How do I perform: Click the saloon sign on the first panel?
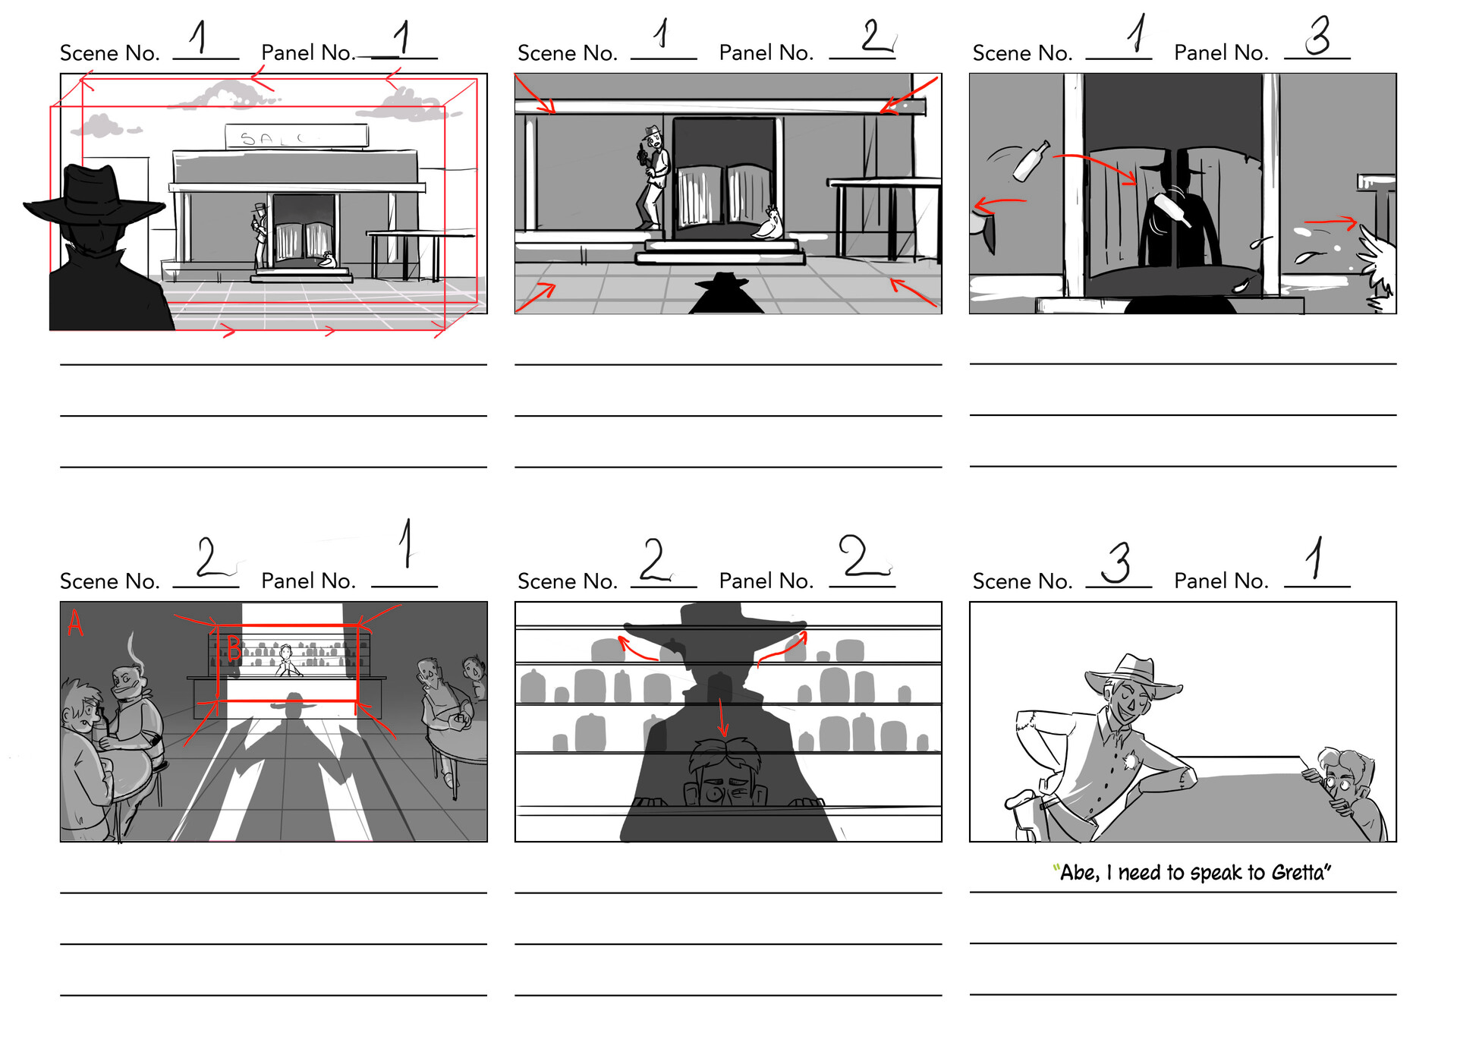click(x=297, y=137)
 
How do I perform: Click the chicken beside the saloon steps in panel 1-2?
click(x=768, y=225)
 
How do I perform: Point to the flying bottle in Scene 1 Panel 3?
click(x=1031, y=162)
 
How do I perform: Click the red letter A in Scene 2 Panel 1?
click(x=74, y=624)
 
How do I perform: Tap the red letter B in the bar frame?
click(x=234, y=649)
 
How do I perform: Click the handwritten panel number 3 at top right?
click(x=1318, y=36)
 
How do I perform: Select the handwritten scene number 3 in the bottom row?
click(x=1116, y=562)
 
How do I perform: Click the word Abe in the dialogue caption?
click(x=1078, y=873)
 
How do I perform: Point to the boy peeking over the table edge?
click(x=1344, y=782)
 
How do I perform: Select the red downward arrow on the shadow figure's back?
click(x=722, y=717)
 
